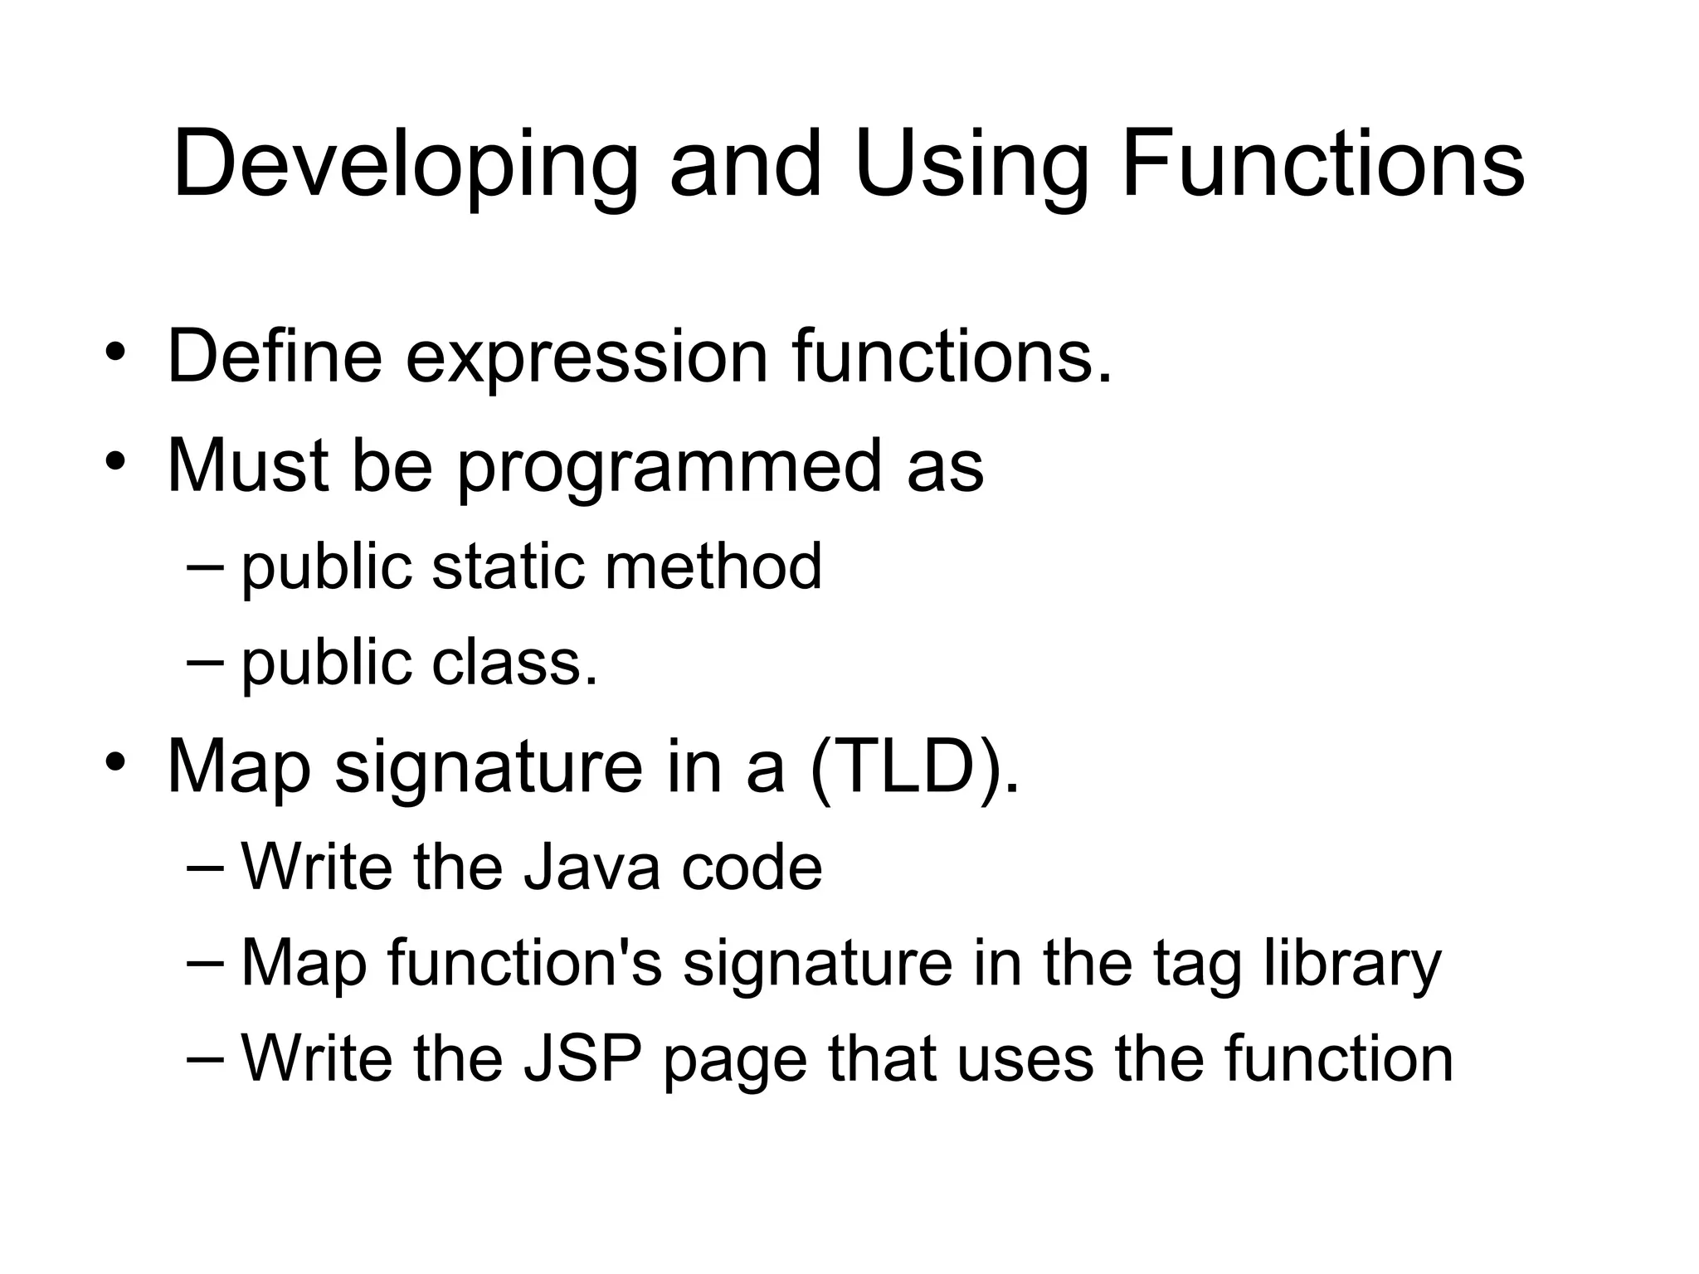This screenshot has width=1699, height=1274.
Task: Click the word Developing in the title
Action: pos(405,166)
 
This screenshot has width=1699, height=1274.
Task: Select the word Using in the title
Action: pos(971,166)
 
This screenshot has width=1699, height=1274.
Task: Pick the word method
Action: pos(713,566)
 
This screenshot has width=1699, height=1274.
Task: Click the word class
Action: pos(514,663)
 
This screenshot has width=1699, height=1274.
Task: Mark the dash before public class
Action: pos(205,662)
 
